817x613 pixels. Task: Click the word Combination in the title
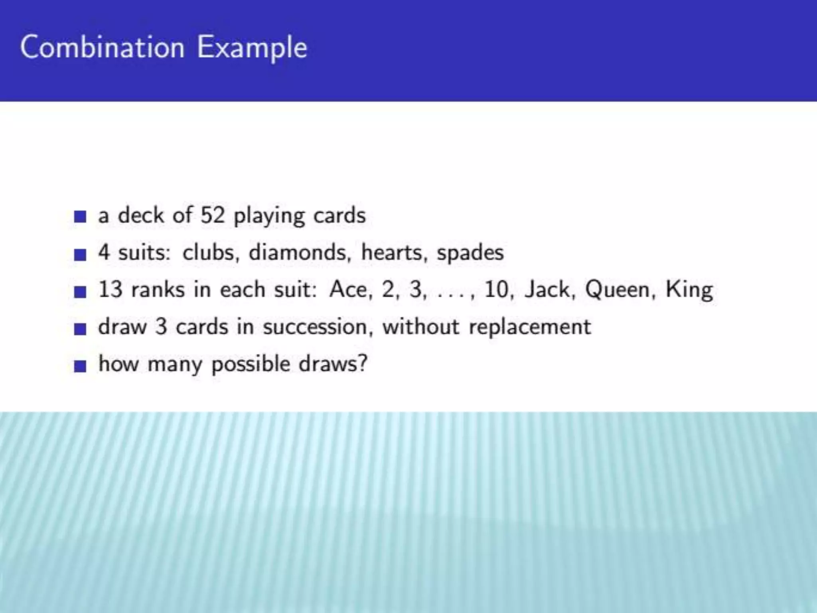point(103,47)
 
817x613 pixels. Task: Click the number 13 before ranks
point(110,289)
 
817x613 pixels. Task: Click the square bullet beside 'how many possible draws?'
point(80,366)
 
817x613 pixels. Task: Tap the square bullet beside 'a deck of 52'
point(80,217)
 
